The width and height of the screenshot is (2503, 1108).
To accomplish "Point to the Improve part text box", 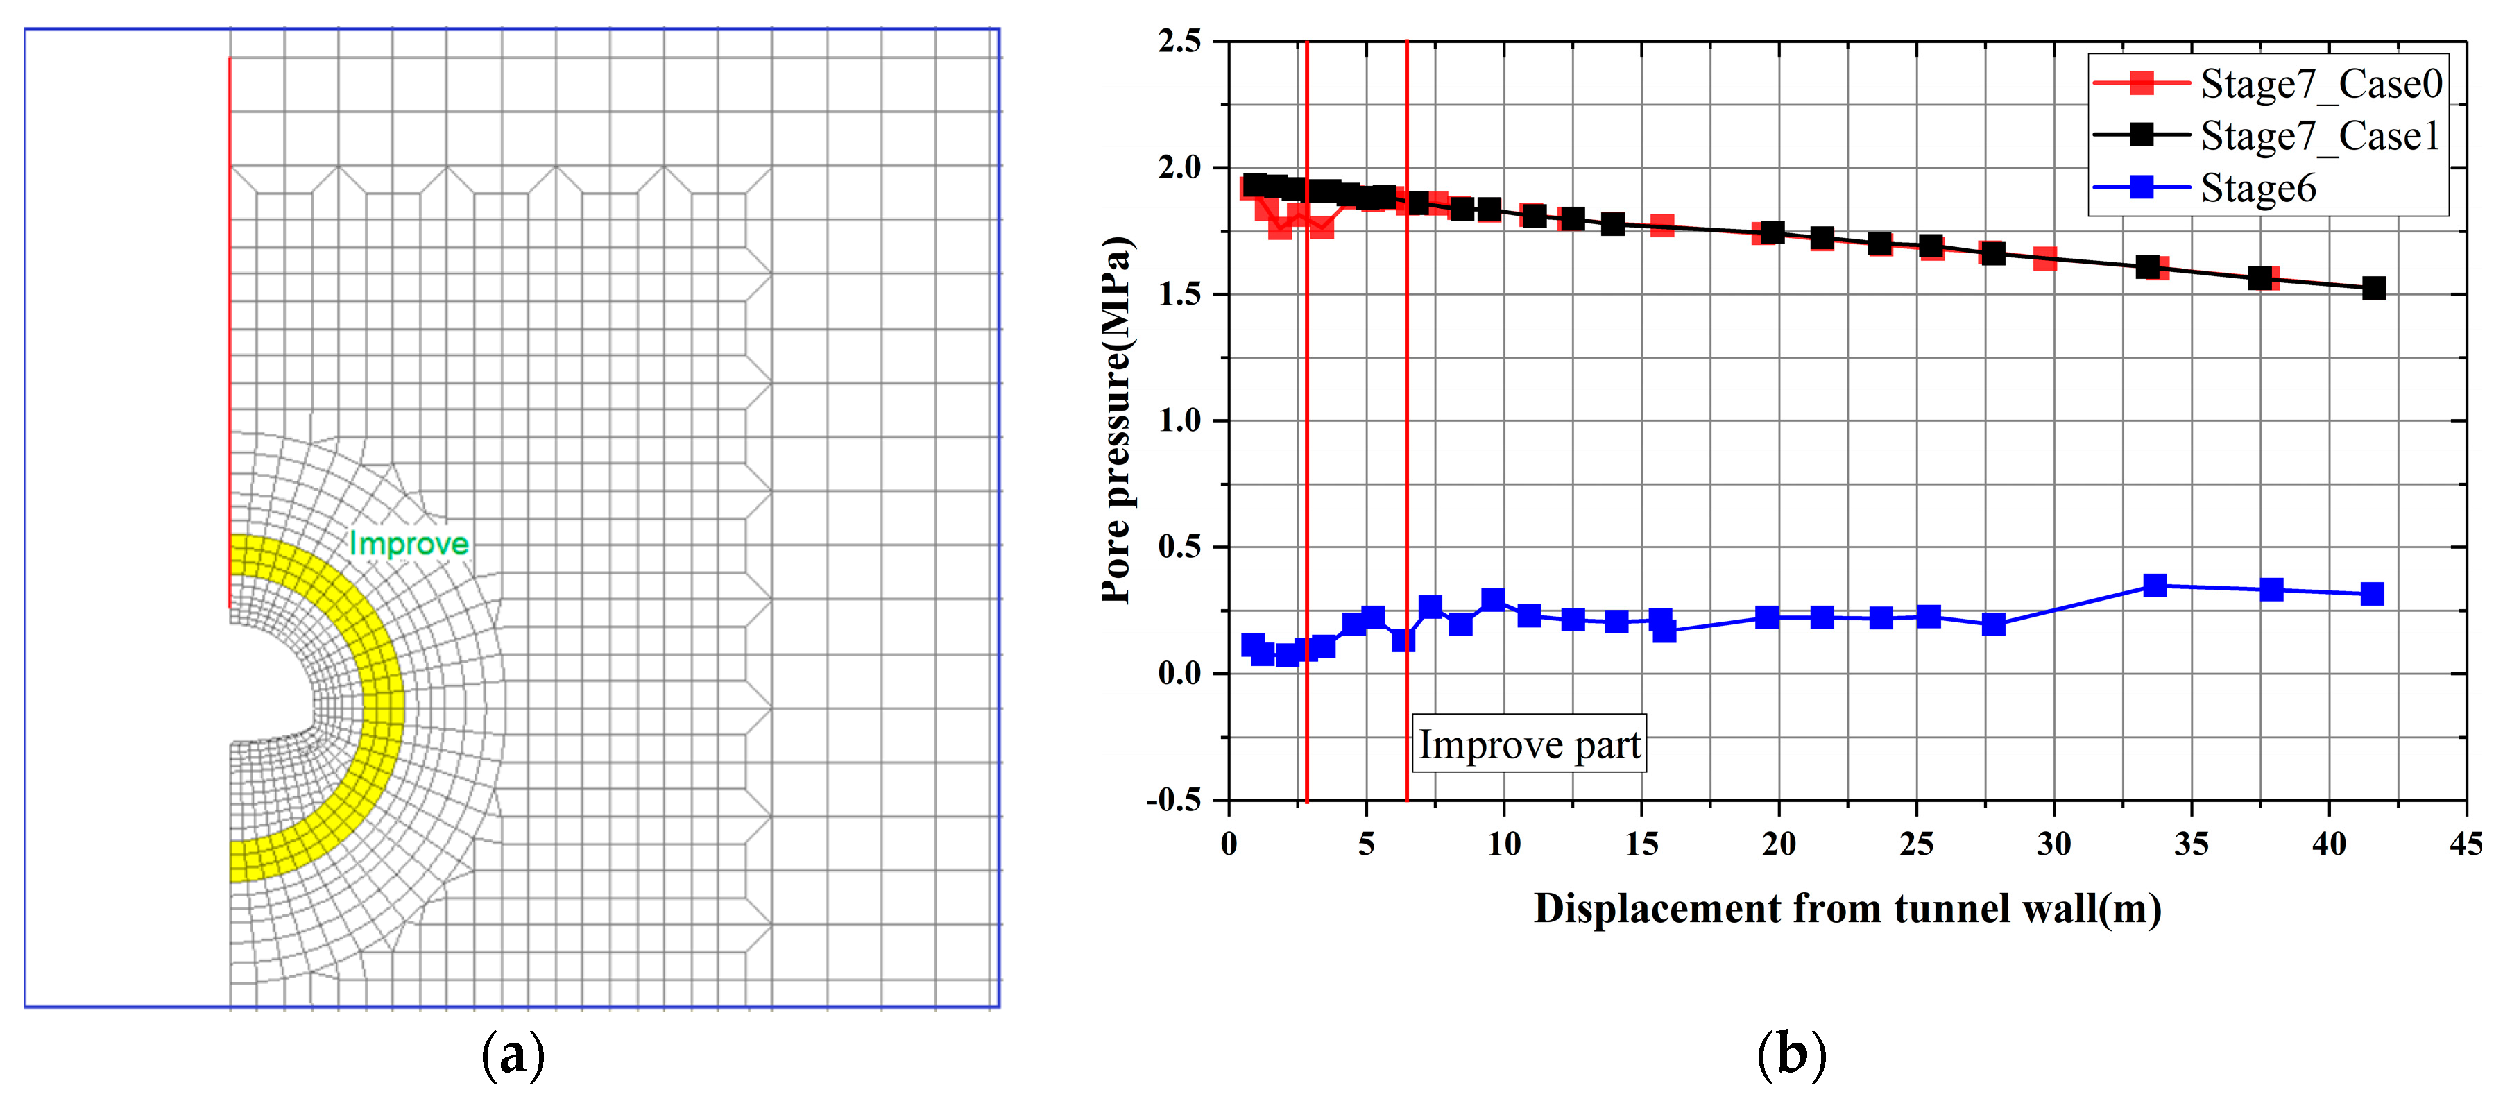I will coord(1528,744).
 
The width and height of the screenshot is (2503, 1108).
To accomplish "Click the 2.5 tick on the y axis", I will coord(1179,42).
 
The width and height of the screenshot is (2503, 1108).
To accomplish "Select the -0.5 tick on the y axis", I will coord(1174,800).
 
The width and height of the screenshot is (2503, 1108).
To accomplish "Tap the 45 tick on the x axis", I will coord(2465,844).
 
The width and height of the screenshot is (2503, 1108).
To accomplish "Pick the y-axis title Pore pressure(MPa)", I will coord(1118,420).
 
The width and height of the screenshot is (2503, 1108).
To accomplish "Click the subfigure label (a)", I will coord(513,1055).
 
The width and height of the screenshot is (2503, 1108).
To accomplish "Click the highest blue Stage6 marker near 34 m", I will coord(2154,585).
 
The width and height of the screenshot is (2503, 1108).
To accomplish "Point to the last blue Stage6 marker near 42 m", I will coord(2372,594).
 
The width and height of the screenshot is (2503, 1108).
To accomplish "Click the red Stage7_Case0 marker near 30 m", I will coord(2044,259).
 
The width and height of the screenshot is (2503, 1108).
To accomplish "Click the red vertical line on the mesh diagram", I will coord(230,330).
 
